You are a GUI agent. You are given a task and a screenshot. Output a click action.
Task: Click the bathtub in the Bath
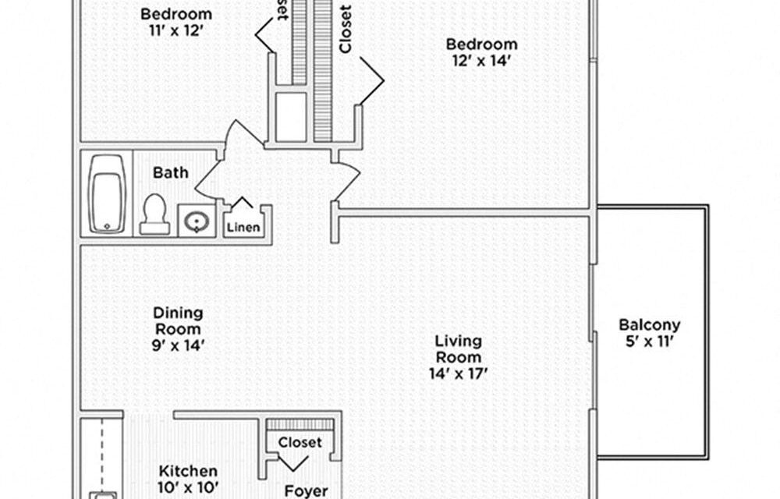[107, 194]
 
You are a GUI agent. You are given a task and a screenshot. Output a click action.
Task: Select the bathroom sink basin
[193, 221]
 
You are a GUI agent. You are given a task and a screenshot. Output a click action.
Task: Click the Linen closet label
[243, 228]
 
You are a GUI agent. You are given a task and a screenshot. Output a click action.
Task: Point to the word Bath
[170, 172]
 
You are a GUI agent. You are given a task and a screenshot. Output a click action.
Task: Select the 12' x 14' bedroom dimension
[480, 61]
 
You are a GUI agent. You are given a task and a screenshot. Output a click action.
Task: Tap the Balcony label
[649, 325]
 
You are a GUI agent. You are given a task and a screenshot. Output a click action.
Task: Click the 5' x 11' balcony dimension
[650, 342]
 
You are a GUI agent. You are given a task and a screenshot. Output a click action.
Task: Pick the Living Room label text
[458, 349]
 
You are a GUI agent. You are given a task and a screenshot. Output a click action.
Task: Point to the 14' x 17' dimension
[458, 373]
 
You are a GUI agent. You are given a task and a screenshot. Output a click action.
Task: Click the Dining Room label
[178, 320]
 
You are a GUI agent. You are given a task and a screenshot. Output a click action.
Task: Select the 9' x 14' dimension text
[178, 345]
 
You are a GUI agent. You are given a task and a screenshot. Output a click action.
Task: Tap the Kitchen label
[188, 471]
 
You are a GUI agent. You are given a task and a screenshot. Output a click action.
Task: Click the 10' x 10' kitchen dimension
[188, 489]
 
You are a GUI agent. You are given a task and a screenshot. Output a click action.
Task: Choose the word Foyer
[305, 490]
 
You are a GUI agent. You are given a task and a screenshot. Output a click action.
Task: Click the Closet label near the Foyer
[300, 442]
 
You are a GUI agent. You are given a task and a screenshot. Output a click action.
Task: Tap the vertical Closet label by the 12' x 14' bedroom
[346, 30]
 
